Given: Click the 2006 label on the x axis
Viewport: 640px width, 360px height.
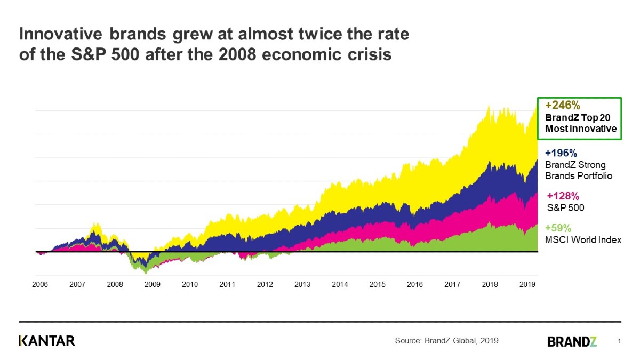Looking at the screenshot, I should [40, 285].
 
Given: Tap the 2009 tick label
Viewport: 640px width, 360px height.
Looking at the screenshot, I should [153, 285].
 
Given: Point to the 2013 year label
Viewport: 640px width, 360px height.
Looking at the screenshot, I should [302, 285].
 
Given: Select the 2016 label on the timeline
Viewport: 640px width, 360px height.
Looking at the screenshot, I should [415, 285].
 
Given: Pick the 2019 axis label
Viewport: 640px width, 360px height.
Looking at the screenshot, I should [527, 285].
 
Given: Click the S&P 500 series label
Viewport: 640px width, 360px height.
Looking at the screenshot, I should [566, 207].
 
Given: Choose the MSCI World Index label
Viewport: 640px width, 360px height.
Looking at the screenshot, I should [583, 240].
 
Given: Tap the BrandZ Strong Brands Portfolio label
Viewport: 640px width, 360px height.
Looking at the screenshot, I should [578, 170].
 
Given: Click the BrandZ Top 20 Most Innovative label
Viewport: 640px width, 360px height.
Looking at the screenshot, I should [580, 123].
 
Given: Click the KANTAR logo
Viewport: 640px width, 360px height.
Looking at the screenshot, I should [47, 341].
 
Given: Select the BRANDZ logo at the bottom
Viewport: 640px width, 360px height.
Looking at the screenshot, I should [572, 341].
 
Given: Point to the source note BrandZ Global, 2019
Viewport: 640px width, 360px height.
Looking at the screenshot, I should [446, 341].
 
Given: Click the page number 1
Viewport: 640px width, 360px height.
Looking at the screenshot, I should [619, 341].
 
